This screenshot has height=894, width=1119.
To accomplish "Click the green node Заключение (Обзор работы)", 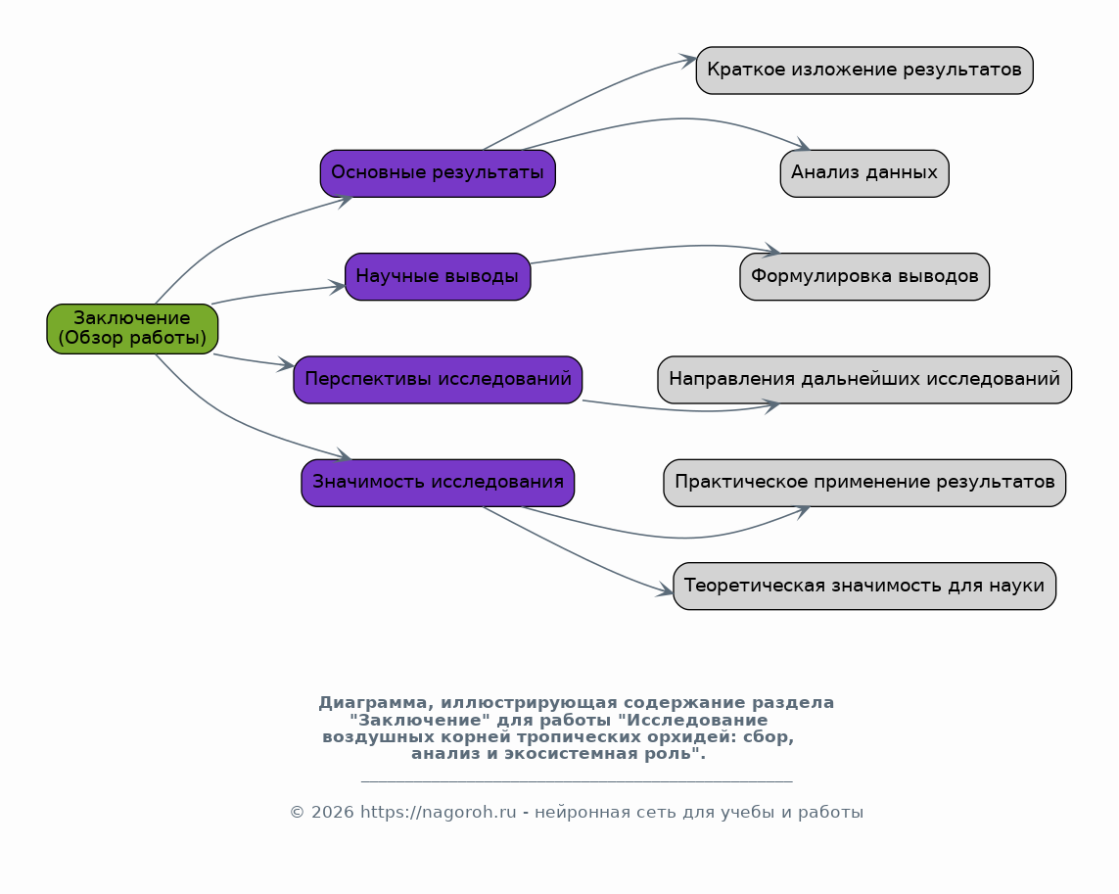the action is [x=132, y=328].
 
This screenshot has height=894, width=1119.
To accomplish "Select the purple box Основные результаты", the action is [x=438, y=173].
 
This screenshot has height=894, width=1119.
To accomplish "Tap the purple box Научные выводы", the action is [x=438, y=276].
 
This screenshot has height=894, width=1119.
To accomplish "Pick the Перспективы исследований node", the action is [x=438, y=380].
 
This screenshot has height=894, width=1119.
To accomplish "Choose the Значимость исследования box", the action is [x=438, y=483].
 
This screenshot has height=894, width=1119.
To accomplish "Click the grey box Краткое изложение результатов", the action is [x=864, y=70].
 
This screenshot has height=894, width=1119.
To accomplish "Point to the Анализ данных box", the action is [x=864, y=173].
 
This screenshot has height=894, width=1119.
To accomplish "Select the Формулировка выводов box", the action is [x=864, y=276].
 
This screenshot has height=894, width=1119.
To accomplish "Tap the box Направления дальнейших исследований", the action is [x=864, y=380].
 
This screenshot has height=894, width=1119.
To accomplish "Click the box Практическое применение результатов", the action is [x=864, y=483].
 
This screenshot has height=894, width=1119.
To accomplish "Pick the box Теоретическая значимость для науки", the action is [x=864, y=586].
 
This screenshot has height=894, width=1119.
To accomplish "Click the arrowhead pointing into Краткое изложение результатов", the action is [x=688, y=61].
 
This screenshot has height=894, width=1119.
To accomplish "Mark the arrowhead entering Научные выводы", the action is [x=338, y=287].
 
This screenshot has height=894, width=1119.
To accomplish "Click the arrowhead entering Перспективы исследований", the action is [x=286, y=365].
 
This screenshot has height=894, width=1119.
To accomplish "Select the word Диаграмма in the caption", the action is [x=375, y=703].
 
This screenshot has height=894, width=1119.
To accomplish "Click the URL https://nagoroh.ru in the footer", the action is [x=438, y=813].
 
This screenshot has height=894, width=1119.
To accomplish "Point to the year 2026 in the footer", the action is [x=332, y=813].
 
